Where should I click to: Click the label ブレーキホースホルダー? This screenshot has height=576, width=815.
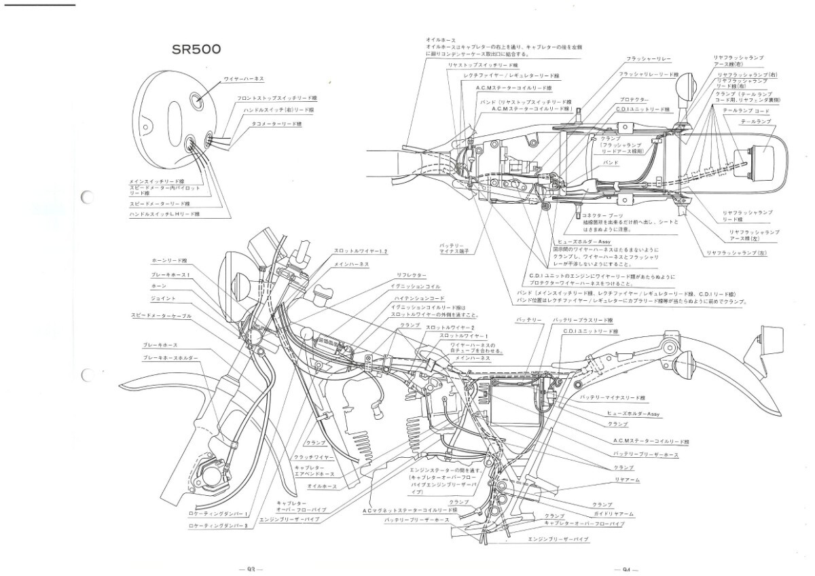pos(170,358)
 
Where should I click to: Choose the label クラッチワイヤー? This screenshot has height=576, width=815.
pos(313,458)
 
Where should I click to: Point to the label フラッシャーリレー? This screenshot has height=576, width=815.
pos(649,58)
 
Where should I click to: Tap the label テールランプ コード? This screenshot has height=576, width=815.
pos(753,110)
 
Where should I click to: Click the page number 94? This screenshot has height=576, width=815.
pos(624,569)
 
